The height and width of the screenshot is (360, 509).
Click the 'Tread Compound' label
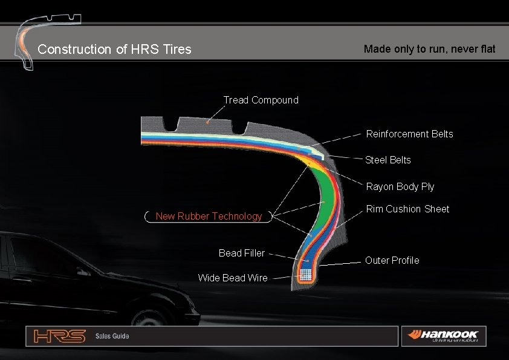tap(261, 100)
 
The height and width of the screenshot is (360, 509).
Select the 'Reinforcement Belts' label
tap(409, 134)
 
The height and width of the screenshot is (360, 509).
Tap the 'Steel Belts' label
tap(387, 160)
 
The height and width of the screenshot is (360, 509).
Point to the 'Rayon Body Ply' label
tap(400, 186)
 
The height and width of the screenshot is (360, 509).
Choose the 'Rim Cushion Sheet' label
tap(407, 209)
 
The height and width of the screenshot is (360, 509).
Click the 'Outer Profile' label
tap(392, 260)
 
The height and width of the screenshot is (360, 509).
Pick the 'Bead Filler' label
tap(241, 253)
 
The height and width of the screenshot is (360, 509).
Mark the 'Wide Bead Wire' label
tap(232, 278)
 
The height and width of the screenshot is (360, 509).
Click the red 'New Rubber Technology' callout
tap(209, 216)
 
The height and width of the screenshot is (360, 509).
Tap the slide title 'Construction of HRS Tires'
tap(114, 49)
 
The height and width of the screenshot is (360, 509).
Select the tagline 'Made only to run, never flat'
tap(429, 49)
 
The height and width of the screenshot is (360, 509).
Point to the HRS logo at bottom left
tap(59, 336)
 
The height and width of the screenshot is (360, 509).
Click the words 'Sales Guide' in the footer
tap(112, 336)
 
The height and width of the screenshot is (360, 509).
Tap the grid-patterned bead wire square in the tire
tap(306, 273)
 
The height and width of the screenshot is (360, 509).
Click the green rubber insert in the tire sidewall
tap(326, 194)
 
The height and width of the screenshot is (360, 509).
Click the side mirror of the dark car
tap(81, 272)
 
